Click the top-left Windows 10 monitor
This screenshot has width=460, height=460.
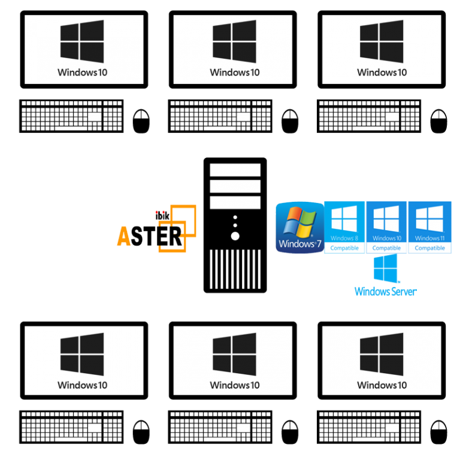coord(84,50)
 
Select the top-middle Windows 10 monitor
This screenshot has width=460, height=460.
coord(233,50)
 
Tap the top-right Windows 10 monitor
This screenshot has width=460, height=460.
coord(382,50)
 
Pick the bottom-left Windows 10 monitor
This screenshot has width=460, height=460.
coord(84,361)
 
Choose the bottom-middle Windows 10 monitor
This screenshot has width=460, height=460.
coord(233,361)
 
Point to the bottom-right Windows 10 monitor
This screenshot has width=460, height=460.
coord(382,361)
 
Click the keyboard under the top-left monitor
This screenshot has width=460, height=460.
coord(72,116)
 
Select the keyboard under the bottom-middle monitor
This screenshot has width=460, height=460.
coord(220,426)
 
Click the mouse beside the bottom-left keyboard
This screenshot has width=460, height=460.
coord(141,426)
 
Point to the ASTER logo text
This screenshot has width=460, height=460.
coord(150,235)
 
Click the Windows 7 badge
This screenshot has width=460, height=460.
coord(299,228)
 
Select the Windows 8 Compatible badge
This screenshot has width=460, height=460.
coord(344,228)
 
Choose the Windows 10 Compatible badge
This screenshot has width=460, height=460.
coord(386,228)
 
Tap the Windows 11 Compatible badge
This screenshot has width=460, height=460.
coord(429,228)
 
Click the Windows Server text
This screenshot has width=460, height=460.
coord(385,292)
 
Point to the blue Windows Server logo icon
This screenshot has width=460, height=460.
coord(386,269)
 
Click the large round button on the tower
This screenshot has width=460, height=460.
coord(235,236)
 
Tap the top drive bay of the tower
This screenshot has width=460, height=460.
coord(235,170)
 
